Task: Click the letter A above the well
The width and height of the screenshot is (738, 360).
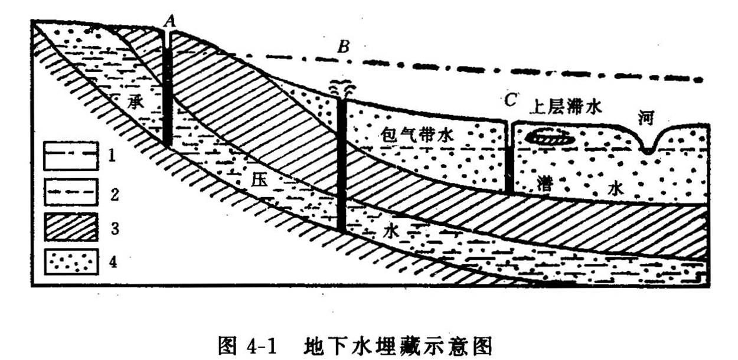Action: pyautogui.click(x=169, y=22)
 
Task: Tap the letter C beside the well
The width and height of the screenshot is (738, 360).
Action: pyautogui.click(x=511, y=101)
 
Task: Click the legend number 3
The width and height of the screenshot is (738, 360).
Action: pyautogui.click(x=115, y=228)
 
